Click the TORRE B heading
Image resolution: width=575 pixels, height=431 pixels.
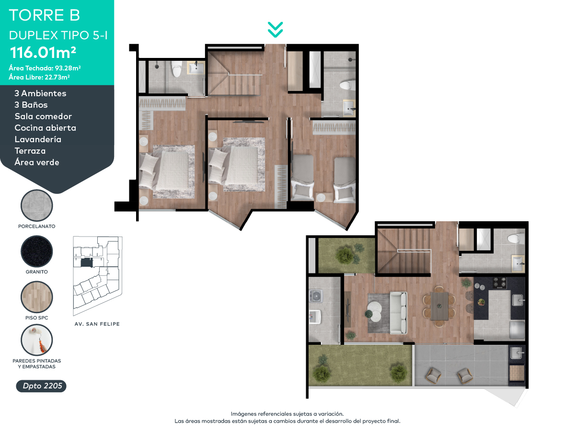click(44, 15)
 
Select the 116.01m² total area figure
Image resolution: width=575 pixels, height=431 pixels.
click(43, 52)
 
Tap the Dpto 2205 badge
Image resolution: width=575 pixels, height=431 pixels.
click(41, 386)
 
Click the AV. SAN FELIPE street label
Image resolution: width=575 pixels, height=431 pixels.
click(97, 324)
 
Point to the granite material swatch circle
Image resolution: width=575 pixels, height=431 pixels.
click(37, 251)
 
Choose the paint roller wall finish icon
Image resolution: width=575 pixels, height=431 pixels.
click(37, 340)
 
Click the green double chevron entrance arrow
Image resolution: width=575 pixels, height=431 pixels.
click(276, 30)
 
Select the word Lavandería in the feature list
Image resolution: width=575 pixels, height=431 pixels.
click(38, 139)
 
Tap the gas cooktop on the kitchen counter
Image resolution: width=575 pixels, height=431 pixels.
click(500, 283)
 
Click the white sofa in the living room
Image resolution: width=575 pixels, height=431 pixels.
click(399, 313)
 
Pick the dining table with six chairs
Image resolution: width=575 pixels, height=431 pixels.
click(439, 306)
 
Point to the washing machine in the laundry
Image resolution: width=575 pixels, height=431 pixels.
click(316, 296)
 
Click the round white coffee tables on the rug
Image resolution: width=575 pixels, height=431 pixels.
click(375, 311)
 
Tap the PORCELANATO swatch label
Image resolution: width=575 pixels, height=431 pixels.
click(37, 227)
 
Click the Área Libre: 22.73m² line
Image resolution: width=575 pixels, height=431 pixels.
click(39, 77)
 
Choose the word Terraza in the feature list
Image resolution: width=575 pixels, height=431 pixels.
click(30, 151)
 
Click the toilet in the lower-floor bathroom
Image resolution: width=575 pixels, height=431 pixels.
click(516, 238)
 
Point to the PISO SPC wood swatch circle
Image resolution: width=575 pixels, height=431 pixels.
click(37, 297)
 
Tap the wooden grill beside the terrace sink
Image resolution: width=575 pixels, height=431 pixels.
click(517, 373)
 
